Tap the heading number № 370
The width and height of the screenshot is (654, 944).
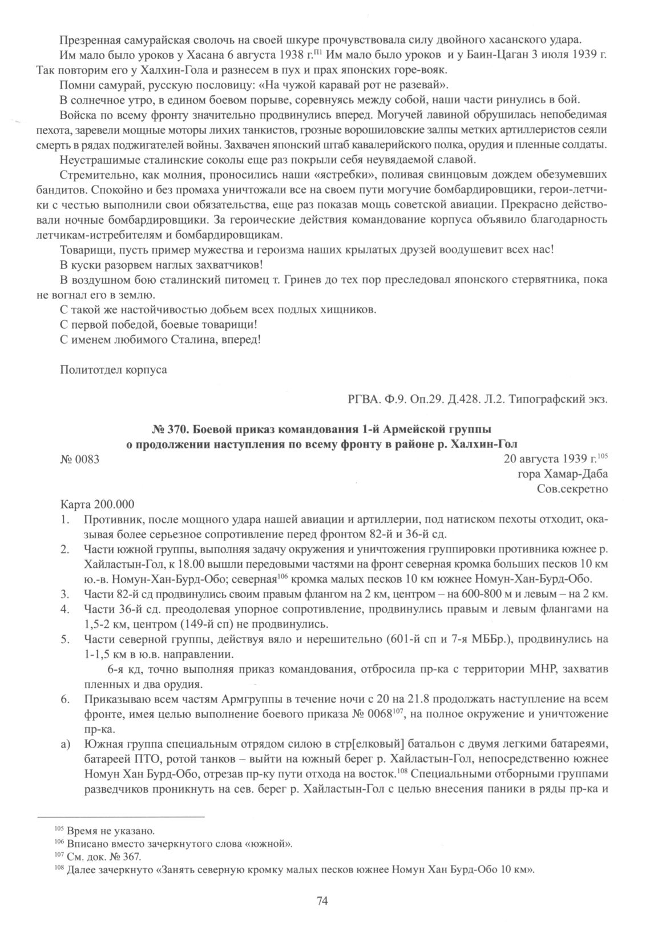(x=165, y=429)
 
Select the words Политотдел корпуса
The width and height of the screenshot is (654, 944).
(x=114, y=369)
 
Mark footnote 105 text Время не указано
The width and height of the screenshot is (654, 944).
(x=111, y=830)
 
